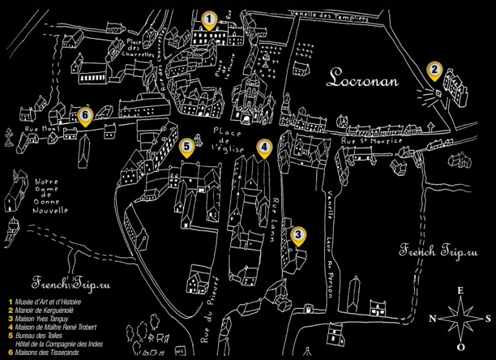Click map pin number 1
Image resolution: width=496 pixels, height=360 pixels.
[208, 21]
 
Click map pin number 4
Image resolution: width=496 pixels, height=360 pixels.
[263, 148]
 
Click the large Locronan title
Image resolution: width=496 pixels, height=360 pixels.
[362, 79]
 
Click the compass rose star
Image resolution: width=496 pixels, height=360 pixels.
[460, 318]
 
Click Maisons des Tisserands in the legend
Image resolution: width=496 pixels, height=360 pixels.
[45, 352]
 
